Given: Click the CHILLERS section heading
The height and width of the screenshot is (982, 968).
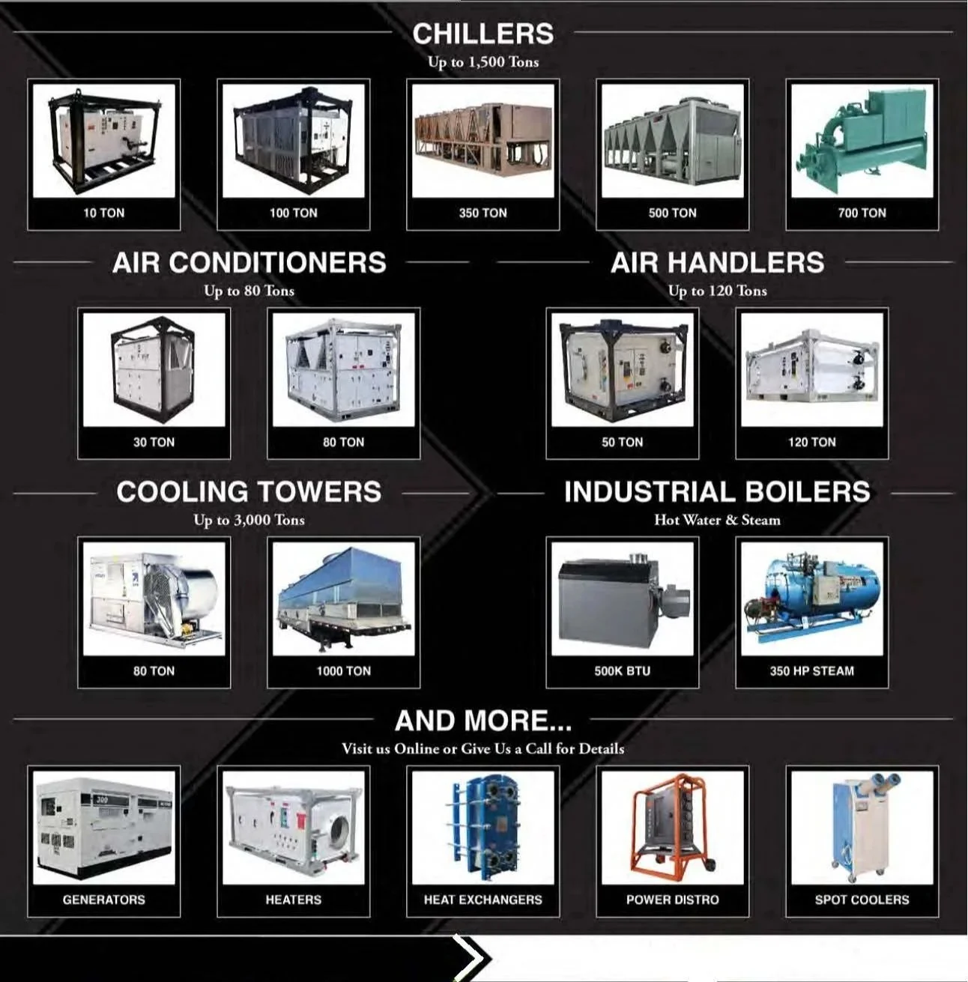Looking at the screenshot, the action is tap(483, 34).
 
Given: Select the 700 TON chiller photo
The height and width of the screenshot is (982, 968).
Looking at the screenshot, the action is tap(862, 140).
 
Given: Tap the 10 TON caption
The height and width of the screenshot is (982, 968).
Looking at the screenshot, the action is tap(103, 213).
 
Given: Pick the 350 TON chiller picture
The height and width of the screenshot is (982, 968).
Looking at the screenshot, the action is tap(483, 140).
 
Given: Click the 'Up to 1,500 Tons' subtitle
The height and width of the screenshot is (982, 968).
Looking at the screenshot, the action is tap(483, 62).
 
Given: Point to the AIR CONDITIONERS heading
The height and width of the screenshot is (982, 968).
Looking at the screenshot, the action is tap(249, 263).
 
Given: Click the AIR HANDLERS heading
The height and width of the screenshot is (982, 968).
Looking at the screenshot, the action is tap(717, 263).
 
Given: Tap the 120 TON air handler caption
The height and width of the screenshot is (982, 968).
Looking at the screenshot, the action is tap(811, 442).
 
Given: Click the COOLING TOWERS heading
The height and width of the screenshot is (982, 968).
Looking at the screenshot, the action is tap(249, 492).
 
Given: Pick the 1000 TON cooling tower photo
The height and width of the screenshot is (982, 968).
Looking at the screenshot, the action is tap(343, 598).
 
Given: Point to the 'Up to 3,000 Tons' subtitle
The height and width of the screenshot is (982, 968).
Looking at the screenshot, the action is tap(249, 520).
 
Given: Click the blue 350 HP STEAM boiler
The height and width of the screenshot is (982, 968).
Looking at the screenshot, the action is tap(811, 598).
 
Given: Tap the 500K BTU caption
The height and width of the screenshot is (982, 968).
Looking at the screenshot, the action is tap(622, 671).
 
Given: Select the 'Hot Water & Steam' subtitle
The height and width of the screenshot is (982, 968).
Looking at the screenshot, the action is tap(717, 520).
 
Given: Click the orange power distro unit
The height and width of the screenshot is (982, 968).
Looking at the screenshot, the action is tap(672, 825).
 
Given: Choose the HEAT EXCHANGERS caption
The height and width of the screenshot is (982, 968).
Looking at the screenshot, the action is tap(483, 900).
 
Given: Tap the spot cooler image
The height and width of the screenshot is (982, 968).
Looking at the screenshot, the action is tap(862, 827).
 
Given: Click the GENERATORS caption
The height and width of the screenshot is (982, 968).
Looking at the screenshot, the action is tap(103, 900).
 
